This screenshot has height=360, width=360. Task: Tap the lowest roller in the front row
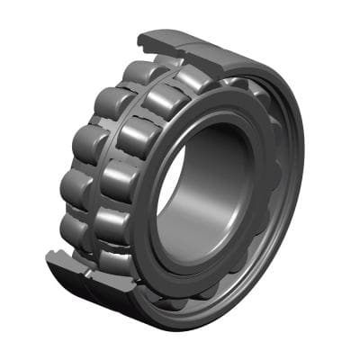(112, 261)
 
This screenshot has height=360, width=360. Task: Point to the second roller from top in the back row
(111, 101)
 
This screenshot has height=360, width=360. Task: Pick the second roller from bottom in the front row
(112, 220)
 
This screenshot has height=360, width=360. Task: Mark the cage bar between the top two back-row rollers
(124, 85)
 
